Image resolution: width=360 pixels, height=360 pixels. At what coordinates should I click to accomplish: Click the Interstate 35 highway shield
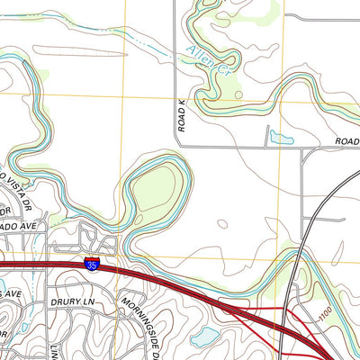91,263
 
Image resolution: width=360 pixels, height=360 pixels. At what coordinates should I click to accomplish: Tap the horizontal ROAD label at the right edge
347,141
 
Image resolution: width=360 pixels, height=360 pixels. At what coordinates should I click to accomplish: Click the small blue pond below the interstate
204,335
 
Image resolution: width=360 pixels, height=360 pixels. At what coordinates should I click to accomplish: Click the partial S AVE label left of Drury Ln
11,294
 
